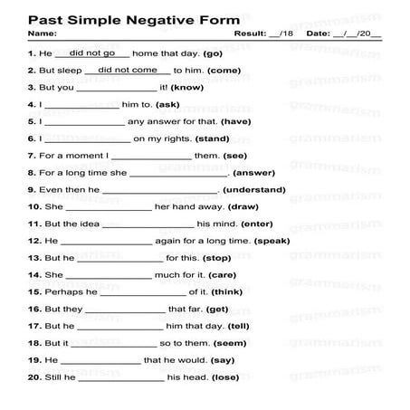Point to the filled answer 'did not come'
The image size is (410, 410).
pyautogui.click(x=128, y=71)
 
